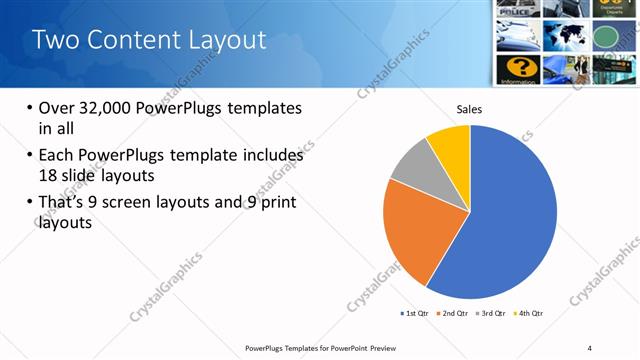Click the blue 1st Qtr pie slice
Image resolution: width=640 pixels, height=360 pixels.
pos(510,215)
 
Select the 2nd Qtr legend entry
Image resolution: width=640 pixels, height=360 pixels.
pos(454,314)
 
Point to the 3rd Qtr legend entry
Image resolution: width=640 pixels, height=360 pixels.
pos(491,314)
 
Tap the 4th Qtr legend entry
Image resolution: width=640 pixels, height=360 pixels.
pos(528,314)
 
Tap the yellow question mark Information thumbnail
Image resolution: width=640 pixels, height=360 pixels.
pos(519,69)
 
